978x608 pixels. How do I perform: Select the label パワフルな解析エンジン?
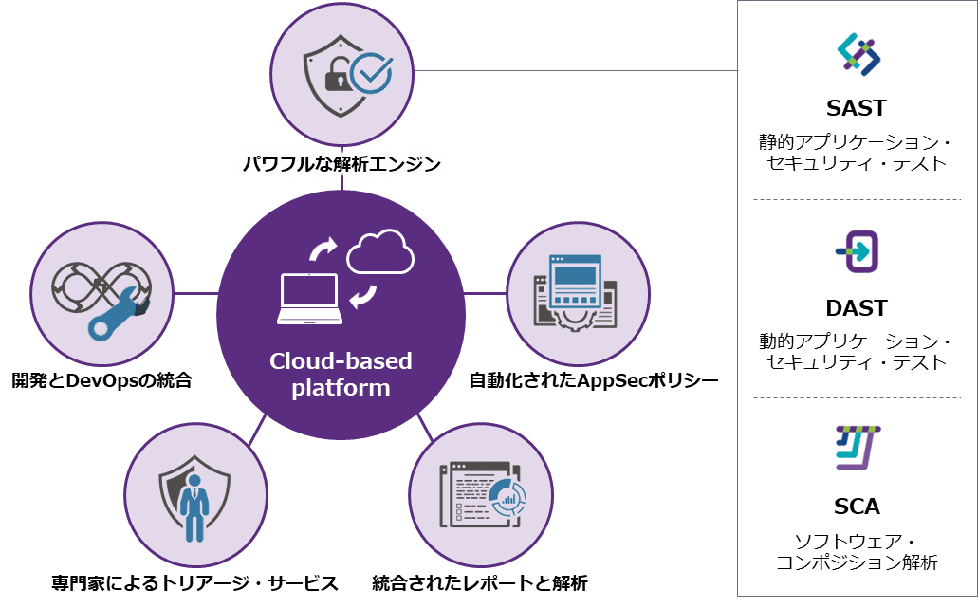coord(341,165)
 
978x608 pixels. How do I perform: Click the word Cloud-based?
coord(341,361)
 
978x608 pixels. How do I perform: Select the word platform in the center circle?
coord(341,387)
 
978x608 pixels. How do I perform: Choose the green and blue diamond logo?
coord(858,54)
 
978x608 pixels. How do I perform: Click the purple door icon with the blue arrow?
coord(859,252)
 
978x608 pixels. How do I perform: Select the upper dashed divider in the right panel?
coord(858,199)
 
